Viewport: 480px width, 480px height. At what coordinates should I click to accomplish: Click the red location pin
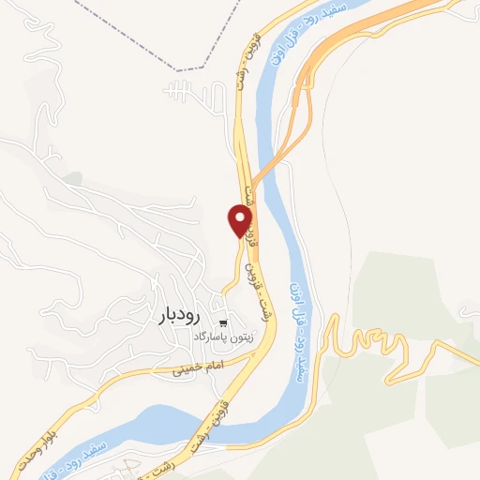(x=241, y=220)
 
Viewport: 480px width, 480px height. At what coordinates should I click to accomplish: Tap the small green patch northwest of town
(x=72, y=177)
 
